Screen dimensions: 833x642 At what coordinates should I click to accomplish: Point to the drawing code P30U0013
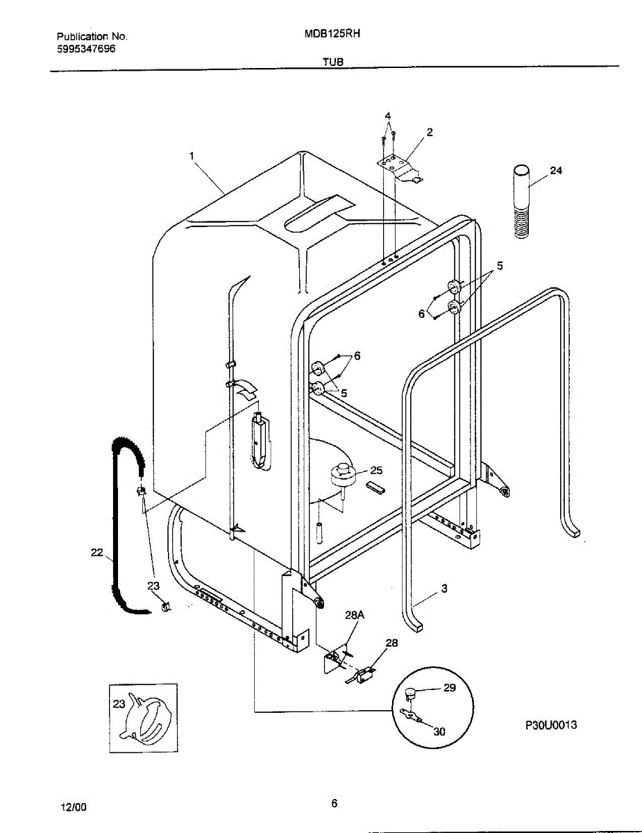click(550, 725)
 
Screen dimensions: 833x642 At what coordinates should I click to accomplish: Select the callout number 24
click(556, 171)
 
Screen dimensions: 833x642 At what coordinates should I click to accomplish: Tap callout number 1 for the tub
click(192, 156)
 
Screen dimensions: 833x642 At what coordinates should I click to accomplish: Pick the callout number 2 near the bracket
click(430, 132)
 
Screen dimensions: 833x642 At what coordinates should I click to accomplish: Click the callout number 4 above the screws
click(388, 115)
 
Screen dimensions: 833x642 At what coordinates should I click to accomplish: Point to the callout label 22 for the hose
click(96, 553)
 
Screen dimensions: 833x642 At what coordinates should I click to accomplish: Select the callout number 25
click(376, 470)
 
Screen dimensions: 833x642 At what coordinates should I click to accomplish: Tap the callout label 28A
click(354, 615)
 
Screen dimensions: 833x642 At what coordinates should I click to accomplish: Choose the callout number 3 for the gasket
click(444, 588)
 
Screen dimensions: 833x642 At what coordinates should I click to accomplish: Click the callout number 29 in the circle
click(450, 688)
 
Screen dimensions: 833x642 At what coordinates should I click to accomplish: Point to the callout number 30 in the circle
click(439, 731)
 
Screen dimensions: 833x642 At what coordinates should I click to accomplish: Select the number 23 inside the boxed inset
click(119, 703)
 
